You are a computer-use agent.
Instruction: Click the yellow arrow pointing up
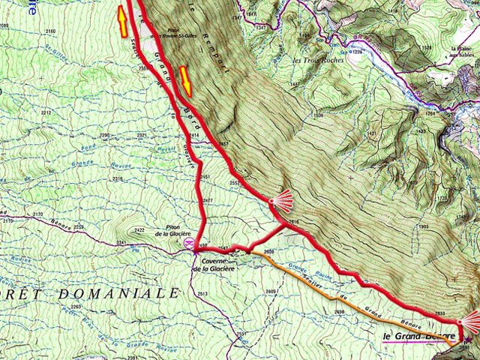pyautogui.click(x=121, y=21)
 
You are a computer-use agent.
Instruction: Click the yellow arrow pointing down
pyautogui.click(x=185, y=82)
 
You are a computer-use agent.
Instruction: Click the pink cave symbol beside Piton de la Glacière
pyautogui.click(x=189, y=244)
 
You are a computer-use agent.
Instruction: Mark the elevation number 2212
pyautogui.click(x=46, y=112)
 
